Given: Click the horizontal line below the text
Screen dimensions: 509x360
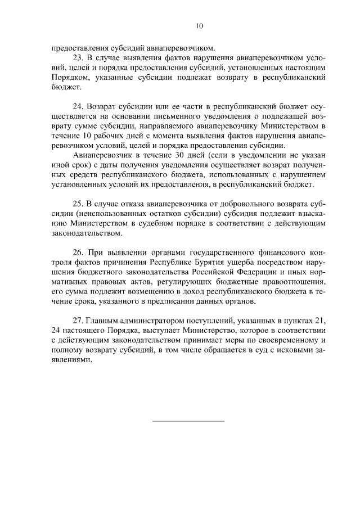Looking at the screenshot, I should [188, 421].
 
